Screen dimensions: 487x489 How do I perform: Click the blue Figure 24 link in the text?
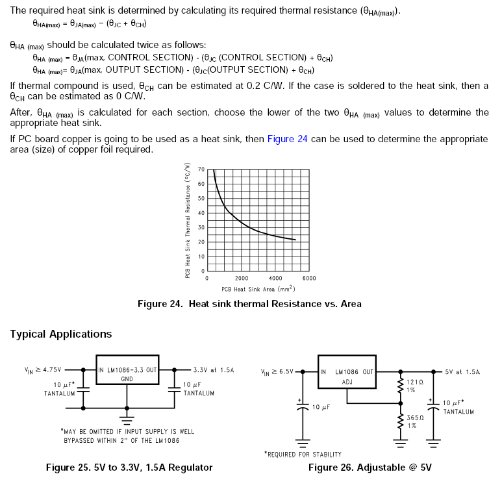(x=287, y=138)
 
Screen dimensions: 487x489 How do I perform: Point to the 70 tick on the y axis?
(x=201, y=169)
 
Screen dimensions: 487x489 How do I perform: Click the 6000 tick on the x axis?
(x=308, y=278)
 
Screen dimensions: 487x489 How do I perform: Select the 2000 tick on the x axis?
(x=241, y=278)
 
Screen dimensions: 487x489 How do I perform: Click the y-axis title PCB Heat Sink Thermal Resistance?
(x=187, y=221)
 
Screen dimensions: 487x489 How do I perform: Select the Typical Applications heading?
(x=61, y=334)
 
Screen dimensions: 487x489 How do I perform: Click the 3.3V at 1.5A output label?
(x=213, y=369)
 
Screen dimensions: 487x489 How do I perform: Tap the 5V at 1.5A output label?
(x=462, y=372)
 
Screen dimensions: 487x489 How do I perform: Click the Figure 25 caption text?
(x=129, y=468)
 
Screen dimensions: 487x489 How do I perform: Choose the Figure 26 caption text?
(x=370, y=468)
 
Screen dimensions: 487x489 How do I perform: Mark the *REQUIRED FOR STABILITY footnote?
(x=303, y=454)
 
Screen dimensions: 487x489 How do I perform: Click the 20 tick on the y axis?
(x=201, y=242)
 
